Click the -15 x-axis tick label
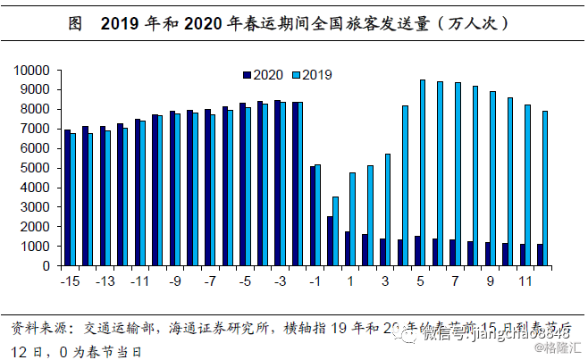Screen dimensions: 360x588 [x=68, y=282]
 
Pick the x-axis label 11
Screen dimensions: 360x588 [x=526, y=282]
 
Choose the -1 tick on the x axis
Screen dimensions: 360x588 [x=315, y=282]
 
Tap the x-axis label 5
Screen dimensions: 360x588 [x=421, y=282]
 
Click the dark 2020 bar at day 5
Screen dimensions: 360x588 [x=416, y=251]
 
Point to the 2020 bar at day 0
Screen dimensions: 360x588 [x=329, y=241]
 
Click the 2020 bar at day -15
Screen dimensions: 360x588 [x=67, y=197]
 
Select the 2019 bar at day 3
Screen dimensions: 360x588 [x=388, y=210]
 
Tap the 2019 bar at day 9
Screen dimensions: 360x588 [x=492, y=179]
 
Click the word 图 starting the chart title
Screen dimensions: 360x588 [x=76, y=24]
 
